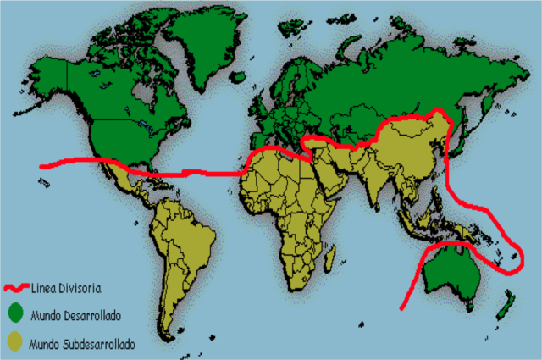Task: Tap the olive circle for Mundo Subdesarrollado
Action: tap(14, 342)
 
